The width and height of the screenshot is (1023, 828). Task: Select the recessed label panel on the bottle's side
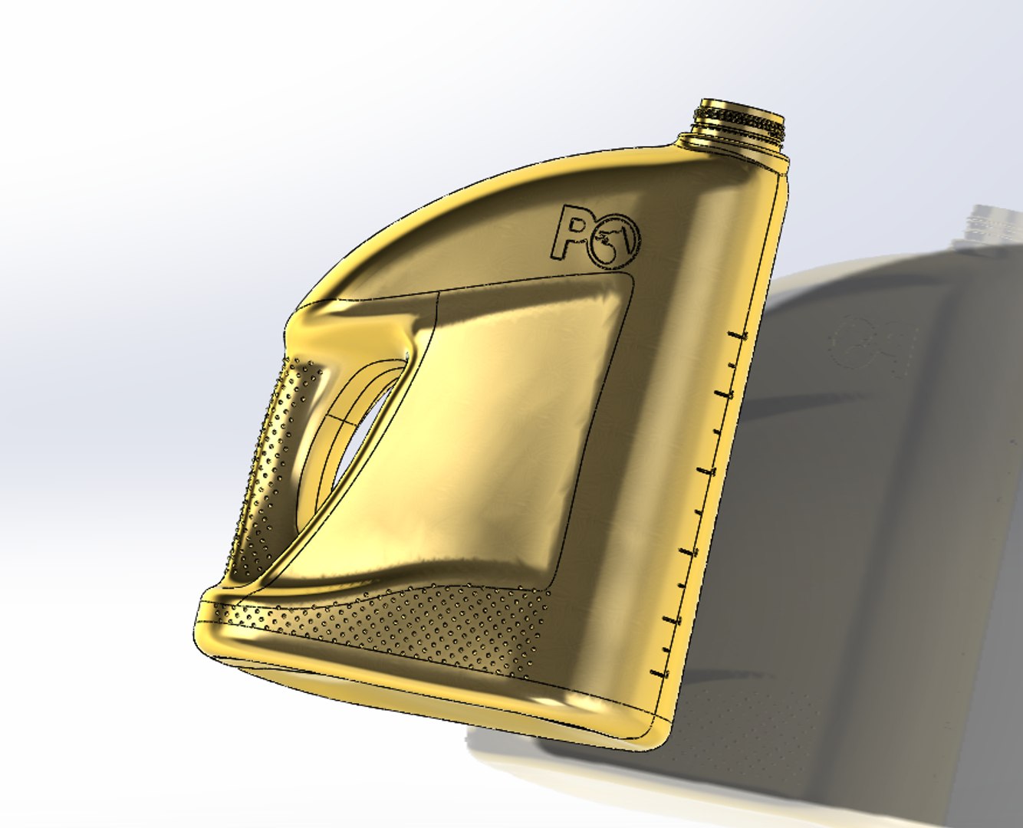(491, 429)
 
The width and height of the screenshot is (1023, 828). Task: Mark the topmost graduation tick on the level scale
(738, 336)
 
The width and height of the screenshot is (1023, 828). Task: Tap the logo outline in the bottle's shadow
(874, 345)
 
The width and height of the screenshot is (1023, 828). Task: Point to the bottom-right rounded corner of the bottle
(652, 740)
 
